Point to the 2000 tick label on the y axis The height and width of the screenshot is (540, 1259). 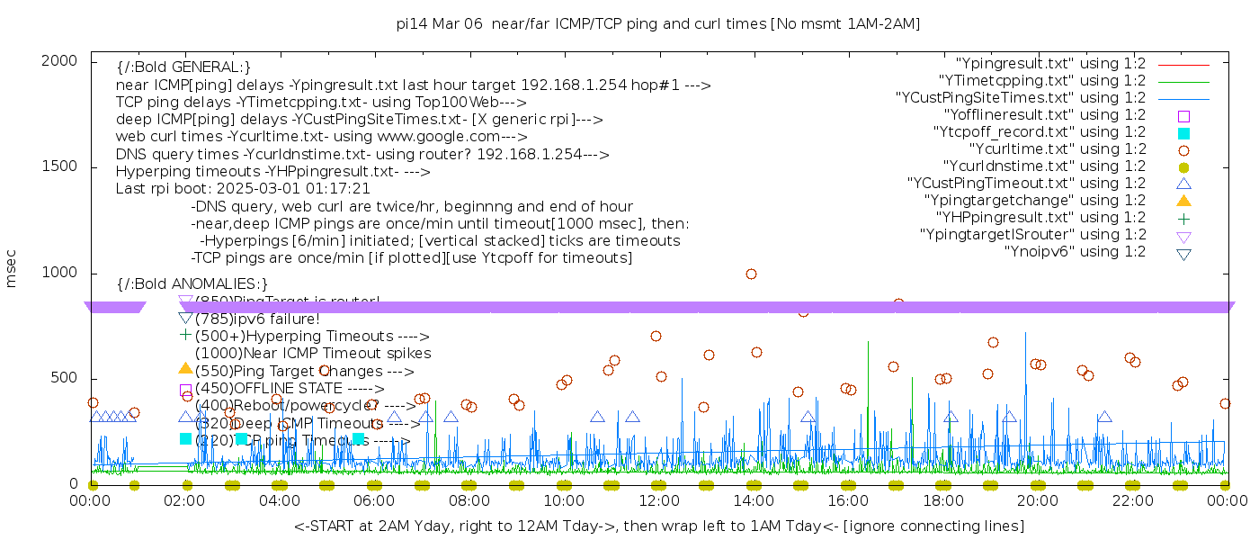tap(65, 60)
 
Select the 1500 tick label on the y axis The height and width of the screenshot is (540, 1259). tap(65, 166)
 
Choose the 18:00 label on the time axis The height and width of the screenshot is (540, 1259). tap(942, 500)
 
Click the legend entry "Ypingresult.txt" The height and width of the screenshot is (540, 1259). tap(1049, 64)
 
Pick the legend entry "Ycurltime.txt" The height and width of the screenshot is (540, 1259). tap(1057, 149)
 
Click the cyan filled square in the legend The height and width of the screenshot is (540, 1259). tap(1183, 132)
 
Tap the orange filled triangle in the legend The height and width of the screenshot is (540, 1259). tap(1183, 200)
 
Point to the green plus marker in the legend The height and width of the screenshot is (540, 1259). tap(1183, 218)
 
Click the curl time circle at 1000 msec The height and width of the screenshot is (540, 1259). tap(751, 274)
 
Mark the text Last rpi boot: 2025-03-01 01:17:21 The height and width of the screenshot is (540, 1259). tap(243, 189)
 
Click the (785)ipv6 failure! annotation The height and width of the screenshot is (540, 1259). tap(257, 319)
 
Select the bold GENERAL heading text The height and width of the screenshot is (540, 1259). tap(183, 67)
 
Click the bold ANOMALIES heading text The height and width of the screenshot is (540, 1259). tap(192, 284)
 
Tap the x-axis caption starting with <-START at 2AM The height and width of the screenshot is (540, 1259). tap(658, 526)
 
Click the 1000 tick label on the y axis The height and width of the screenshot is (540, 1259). tap(65, 273)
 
